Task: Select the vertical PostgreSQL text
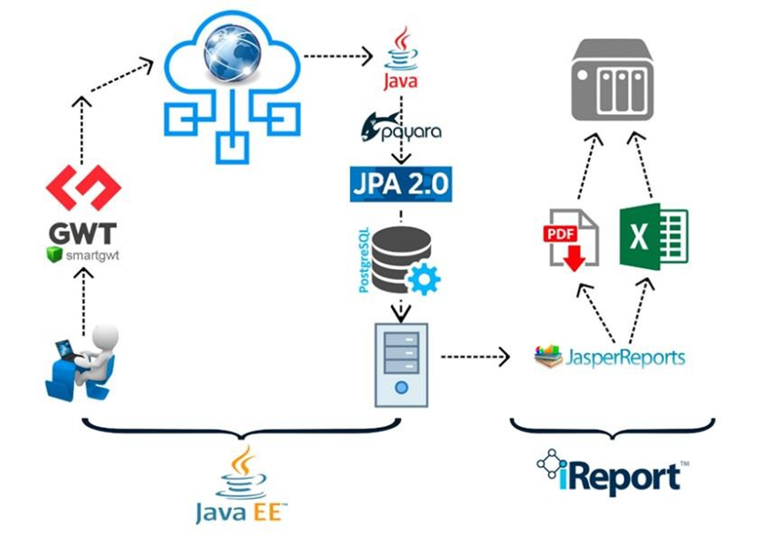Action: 364,261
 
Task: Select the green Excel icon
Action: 652,235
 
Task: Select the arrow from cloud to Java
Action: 340,57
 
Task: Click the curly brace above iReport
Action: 612,427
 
